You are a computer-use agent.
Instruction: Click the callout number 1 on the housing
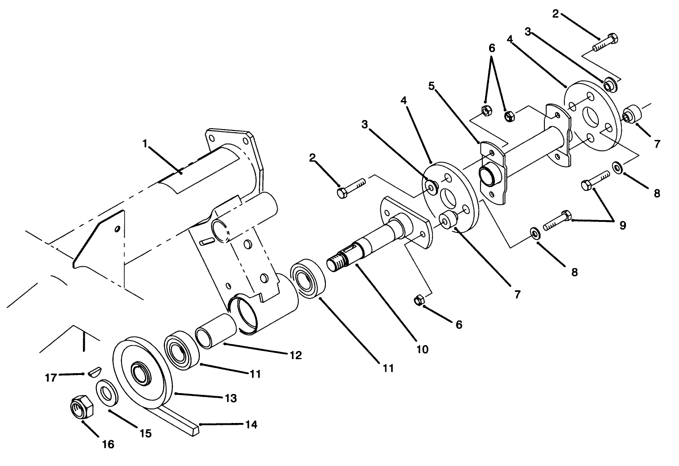pyautogui.click(x=145, y=144)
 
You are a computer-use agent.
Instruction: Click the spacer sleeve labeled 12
pyautogui.click(x=216, y=332)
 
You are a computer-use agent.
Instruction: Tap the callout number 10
pyautogui.click(x=422, y=350)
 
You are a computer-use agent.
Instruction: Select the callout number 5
pyautogui.click(x=432, y=86)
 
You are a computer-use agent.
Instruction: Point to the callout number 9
pyautogui.click(x=622, y=225)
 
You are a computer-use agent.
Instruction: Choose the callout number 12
pyautogui.click(x=295, y=356)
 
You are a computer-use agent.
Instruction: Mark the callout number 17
pyautogui.click(x=51, y=377)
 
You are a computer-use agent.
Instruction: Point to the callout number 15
pyautogui.click(x=145, y=433)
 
